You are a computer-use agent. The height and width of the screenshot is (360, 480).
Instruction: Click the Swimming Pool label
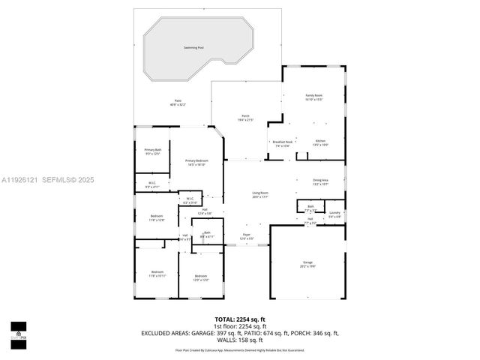(193, 48)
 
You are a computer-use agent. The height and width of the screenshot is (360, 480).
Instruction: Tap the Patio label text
(178, 100)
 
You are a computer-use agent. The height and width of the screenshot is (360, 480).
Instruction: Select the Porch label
(245, 115)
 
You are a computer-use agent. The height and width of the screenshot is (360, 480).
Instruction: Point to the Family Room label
(313, 96)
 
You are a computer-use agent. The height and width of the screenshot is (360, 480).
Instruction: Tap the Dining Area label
(320, 180)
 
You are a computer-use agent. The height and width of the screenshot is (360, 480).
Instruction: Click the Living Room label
(259, 193)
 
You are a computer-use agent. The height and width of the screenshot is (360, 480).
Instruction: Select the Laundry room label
(334, 213)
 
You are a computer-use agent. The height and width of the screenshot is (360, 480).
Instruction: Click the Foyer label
(246, 235)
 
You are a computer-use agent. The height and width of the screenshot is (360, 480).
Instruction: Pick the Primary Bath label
(153, 150)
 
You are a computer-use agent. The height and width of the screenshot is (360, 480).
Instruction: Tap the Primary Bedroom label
(197, 161)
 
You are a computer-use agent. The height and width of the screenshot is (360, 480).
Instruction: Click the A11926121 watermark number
(20, 179)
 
